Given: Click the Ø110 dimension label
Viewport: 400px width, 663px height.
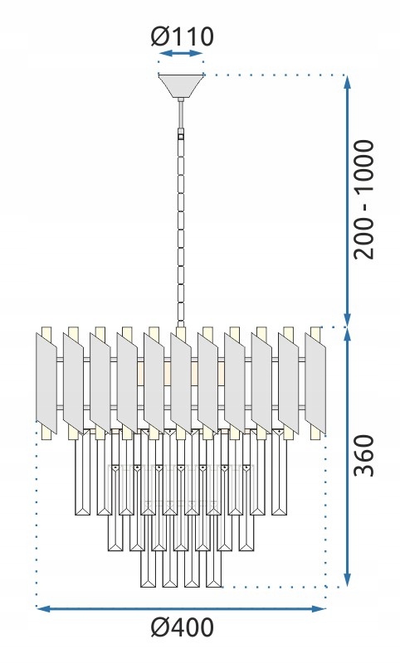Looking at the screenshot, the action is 182,36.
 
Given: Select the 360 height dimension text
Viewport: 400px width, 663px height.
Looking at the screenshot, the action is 364,455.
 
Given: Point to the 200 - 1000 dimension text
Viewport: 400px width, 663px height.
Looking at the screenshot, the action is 364,199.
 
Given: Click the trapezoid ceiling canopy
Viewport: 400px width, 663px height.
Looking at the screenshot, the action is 181,86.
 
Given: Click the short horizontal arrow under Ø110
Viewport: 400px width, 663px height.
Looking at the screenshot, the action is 181,53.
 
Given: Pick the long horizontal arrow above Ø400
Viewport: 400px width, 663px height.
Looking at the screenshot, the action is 181,609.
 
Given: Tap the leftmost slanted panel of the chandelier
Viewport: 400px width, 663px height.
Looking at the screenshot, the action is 46,383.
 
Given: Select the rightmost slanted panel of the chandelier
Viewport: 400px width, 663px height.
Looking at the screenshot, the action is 315,383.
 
